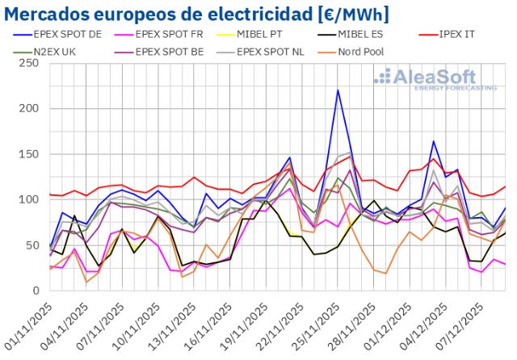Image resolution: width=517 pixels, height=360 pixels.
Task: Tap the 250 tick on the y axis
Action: click(29, 63)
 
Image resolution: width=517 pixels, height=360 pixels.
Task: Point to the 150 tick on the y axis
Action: click(29, 154)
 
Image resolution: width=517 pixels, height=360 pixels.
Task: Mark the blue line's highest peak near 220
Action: click(338, 90)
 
